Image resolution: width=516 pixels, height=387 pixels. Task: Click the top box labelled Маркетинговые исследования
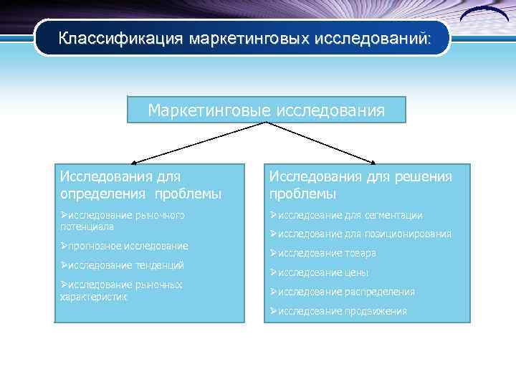(266, 110)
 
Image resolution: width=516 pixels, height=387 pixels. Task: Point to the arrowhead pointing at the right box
(373, 163)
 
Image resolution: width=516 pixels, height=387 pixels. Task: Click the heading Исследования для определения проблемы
(140, 185)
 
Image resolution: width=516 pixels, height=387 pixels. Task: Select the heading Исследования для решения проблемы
(360, 185)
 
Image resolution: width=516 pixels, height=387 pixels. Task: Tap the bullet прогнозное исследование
(124, 246)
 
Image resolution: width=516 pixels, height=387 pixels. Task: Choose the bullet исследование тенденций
(122, 265)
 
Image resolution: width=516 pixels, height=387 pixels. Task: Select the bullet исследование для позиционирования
(360, 234)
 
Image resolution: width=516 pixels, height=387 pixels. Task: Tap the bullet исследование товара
(322, 253)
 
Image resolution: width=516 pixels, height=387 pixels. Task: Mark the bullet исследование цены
(319, 272)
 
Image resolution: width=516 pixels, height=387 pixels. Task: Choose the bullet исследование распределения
(342, 292)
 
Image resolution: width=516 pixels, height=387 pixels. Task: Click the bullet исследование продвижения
(338, 311)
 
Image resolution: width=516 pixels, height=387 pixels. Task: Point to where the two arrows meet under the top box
(266, 123)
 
